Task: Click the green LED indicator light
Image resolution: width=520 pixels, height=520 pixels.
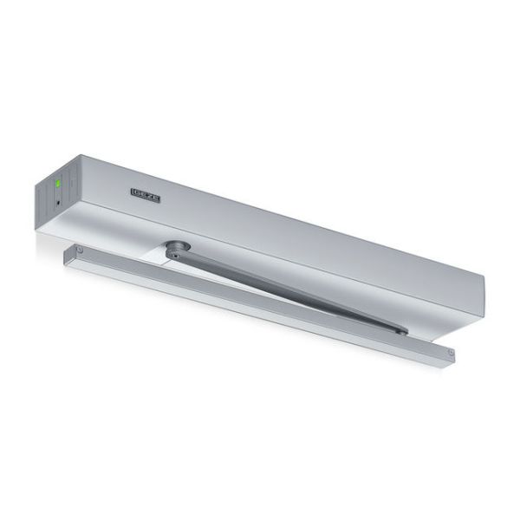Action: (x=58, y=183)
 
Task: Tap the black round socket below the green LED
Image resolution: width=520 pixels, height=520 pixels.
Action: (x=59, y=202)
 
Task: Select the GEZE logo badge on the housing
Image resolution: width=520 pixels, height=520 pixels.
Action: (x=146, y=195)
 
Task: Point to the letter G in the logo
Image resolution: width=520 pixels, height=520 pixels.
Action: (x=135, y=192)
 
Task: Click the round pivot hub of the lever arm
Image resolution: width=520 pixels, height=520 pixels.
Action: (x=179, y=246)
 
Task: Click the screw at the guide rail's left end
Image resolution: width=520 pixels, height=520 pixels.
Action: (x=79, y=250)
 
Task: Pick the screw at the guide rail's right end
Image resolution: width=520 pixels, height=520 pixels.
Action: (x=451, y=353)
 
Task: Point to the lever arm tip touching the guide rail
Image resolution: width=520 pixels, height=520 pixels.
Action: (x=402, y=331)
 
